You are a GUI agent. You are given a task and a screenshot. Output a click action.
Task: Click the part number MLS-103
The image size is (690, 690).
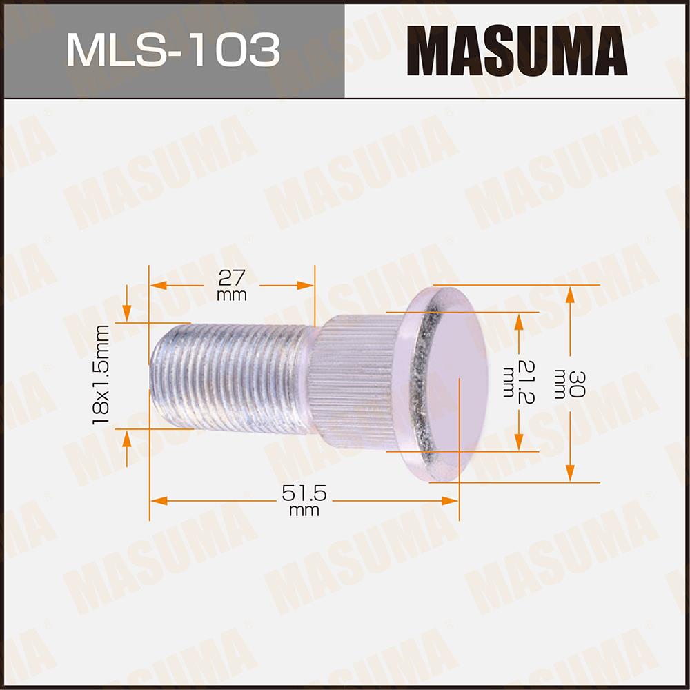click(x=173, y=50)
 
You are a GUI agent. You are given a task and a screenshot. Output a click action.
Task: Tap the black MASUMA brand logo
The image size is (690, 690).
click(x=517, y=50)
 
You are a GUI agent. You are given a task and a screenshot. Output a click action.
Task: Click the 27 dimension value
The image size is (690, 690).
click(x=231, y=278)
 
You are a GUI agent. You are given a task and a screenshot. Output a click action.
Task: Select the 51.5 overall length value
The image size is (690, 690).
click(x=304, y=493)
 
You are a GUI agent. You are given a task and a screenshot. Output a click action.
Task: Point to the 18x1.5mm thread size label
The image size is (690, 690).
click(x=101, y=375)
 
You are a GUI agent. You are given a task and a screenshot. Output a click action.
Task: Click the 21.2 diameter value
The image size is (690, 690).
click(x=526, y=382)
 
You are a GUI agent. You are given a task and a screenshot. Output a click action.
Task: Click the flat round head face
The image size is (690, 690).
click(x=457, y=383)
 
